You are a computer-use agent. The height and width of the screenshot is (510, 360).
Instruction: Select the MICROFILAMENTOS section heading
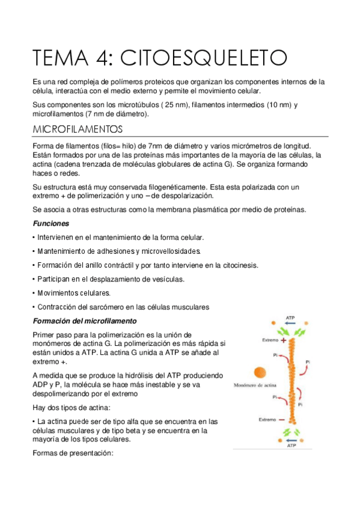78,129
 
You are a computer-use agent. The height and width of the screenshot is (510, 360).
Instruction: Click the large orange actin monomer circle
260,373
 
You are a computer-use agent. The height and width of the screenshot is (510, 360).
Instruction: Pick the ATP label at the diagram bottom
291,446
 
